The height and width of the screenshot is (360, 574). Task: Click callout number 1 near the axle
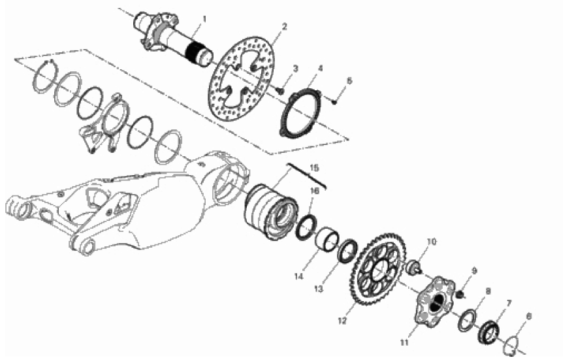[204, 18]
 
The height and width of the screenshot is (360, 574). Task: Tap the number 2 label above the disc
[285, 26]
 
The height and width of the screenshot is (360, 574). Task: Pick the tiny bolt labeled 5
[334, 102]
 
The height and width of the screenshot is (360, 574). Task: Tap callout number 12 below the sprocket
[342, 321]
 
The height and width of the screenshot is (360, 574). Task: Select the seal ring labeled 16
[307, 229]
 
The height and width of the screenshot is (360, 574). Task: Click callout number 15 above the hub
[313, 168]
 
